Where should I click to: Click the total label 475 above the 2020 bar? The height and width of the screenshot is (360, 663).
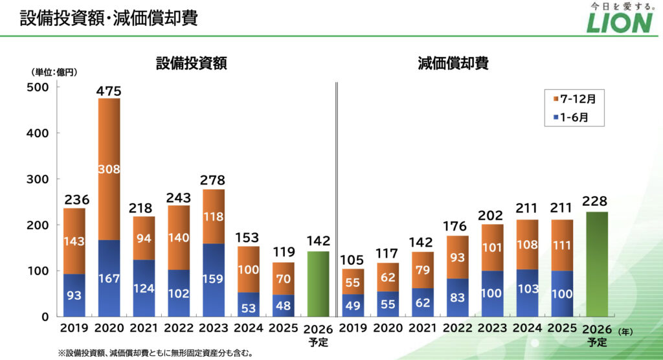click(x=108, y=91)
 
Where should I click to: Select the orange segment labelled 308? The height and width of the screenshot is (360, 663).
click(x=108, y=170)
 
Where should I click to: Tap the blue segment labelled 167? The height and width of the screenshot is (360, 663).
click(x=108, y=278)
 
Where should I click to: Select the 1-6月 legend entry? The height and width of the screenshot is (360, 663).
click(x=570, y=118)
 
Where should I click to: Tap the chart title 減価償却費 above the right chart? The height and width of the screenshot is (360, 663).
click(x=453, y=63)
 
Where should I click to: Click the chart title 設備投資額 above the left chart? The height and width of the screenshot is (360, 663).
click(x=191, y=63)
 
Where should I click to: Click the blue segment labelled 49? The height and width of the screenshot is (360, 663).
click(x=353, y=305)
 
